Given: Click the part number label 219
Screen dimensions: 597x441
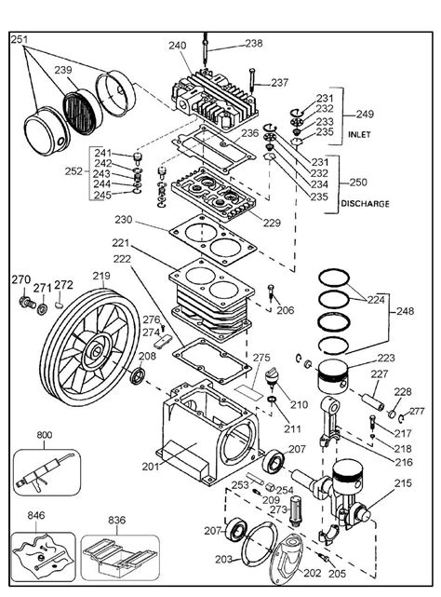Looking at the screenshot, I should [101, 276].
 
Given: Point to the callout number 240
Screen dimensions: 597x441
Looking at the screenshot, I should [178, 44].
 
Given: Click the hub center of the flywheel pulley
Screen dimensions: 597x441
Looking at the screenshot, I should [98, 355].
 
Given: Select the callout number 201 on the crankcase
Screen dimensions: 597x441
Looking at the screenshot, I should [150, 466].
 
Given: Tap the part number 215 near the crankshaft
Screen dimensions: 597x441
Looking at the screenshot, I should [402, 482].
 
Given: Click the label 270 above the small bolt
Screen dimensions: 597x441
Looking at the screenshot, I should [20, 279].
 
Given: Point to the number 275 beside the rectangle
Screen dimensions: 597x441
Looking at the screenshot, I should [261, 358].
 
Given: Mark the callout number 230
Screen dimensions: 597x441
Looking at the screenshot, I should [124, 221].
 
